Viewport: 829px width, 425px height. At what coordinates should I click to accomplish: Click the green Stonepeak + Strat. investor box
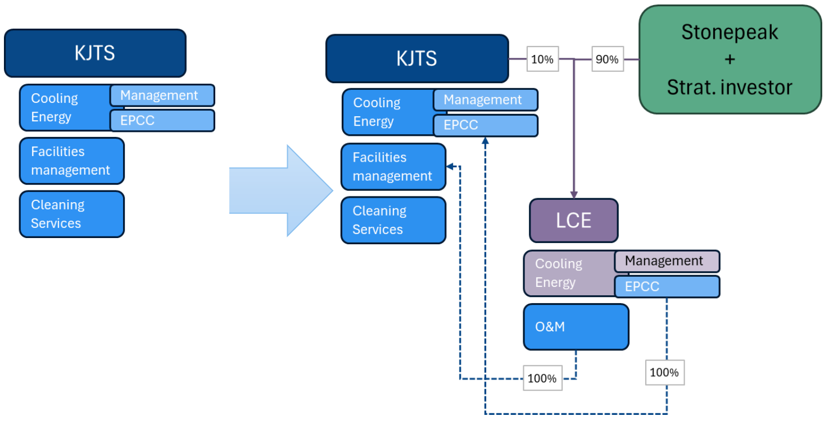tap(730, 60)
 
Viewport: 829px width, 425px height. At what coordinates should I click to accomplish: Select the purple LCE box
tap(573, 220)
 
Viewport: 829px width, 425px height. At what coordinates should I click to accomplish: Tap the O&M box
tap(576, 327)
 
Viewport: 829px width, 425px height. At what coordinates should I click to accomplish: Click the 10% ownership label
tap(542, 59)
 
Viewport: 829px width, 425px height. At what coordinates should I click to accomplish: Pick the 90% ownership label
tap(606, 59)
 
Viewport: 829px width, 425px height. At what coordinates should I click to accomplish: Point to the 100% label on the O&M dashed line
tap(542, 378)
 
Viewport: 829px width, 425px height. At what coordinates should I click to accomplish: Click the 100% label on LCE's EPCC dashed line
tap(664, 372)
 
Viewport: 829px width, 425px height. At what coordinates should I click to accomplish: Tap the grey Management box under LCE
tap(666, 261)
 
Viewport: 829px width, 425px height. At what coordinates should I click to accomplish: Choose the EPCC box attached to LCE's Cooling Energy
tap(666, 286)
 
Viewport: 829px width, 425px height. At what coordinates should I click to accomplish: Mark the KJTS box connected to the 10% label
tap(416, 58)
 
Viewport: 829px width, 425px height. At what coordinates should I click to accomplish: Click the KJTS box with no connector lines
tap(94, 53)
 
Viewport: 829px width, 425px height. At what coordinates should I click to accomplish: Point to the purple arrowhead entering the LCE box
tap(573, 194)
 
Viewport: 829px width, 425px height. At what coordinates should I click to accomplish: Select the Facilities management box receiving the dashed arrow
tap(393, 167)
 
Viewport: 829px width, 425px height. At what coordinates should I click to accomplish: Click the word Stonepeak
tap(730, 32)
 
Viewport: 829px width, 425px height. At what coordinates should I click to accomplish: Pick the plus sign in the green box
tap(730, 60)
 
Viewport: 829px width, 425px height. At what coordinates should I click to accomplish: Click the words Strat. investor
tap(730, 87)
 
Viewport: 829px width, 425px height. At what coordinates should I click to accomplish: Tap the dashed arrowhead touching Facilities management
tap(450, 167)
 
